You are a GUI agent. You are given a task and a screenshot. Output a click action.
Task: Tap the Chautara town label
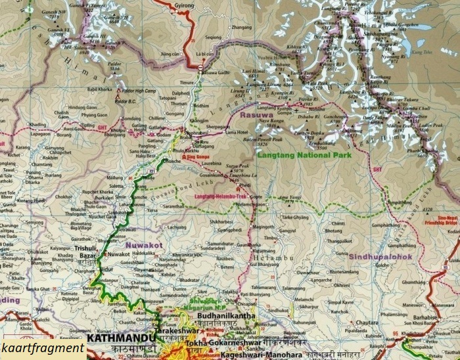coord(367,323)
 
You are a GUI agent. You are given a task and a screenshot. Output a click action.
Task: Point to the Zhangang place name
coord(241,27)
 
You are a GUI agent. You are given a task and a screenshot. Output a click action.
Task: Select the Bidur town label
coord(107,269)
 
